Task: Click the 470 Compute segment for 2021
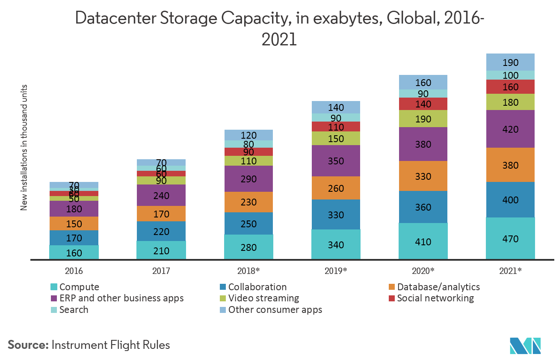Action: [x=510, y=238]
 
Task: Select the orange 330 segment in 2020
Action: [x=423, y=176]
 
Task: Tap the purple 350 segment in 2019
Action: [x=336, y=161]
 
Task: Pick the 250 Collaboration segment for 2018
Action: [x=248, y=223]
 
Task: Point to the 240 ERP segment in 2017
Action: [x=161, y=196]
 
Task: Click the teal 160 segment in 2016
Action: [x=74, y=253]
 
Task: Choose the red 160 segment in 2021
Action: [x=510, y=87]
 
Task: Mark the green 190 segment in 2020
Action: [x=423, y=119]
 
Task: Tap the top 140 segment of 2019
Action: [x=336, y=107]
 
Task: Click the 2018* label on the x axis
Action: [x=248, y=271]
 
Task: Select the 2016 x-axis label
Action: [x=74, y=271]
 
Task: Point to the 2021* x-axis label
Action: [x=510, y=271]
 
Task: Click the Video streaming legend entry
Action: [x=263, y=298]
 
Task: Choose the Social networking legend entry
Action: [x=435, y=298]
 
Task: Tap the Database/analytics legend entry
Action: [x=438, y=287]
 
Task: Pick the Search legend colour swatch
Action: [x=53, y=310]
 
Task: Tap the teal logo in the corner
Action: [x=525, y=345]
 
